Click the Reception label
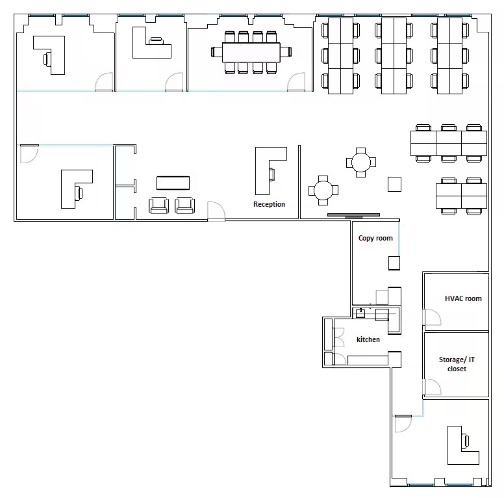tap(269, 204)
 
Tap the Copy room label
tap(375, 238)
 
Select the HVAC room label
tap(463, 298)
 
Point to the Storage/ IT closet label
tap(457, 364)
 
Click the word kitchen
tap(368, 339)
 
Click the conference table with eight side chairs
tap(251, 53)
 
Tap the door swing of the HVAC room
tap(433, 317)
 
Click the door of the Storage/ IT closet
tap(433, 387)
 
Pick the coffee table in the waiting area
tap(173, 183)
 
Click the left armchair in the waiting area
tap(158, 205)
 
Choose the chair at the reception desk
tap(272, 174)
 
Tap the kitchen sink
tap(360, 313)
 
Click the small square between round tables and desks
tap(394, 185)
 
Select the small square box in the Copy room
tap(394, 263)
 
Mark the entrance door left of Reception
tap(216, 211)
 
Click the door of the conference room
tap(296, 82)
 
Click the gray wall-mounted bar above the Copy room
tap(353, 215)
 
